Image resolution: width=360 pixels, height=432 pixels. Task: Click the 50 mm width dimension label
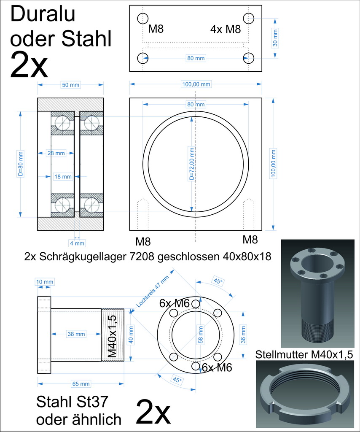click(70, 85)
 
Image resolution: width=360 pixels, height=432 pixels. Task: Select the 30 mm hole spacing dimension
click(275, 38)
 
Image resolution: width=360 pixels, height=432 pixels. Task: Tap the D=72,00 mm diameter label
click(192, 164)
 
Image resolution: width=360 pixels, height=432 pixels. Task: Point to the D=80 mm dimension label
click(21, 164)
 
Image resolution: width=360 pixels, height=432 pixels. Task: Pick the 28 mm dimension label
click(56, 153)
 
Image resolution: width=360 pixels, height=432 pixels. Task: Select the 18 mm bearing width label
click(63, 177)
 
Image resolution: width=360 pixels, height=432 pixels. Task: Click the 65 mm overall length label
click(81, 384)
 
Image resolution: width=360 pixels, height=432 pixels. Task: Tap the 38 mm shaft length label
click(76, 334)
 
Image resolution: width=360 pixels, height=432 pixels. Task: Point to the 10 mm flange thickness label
click(45, 282)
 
